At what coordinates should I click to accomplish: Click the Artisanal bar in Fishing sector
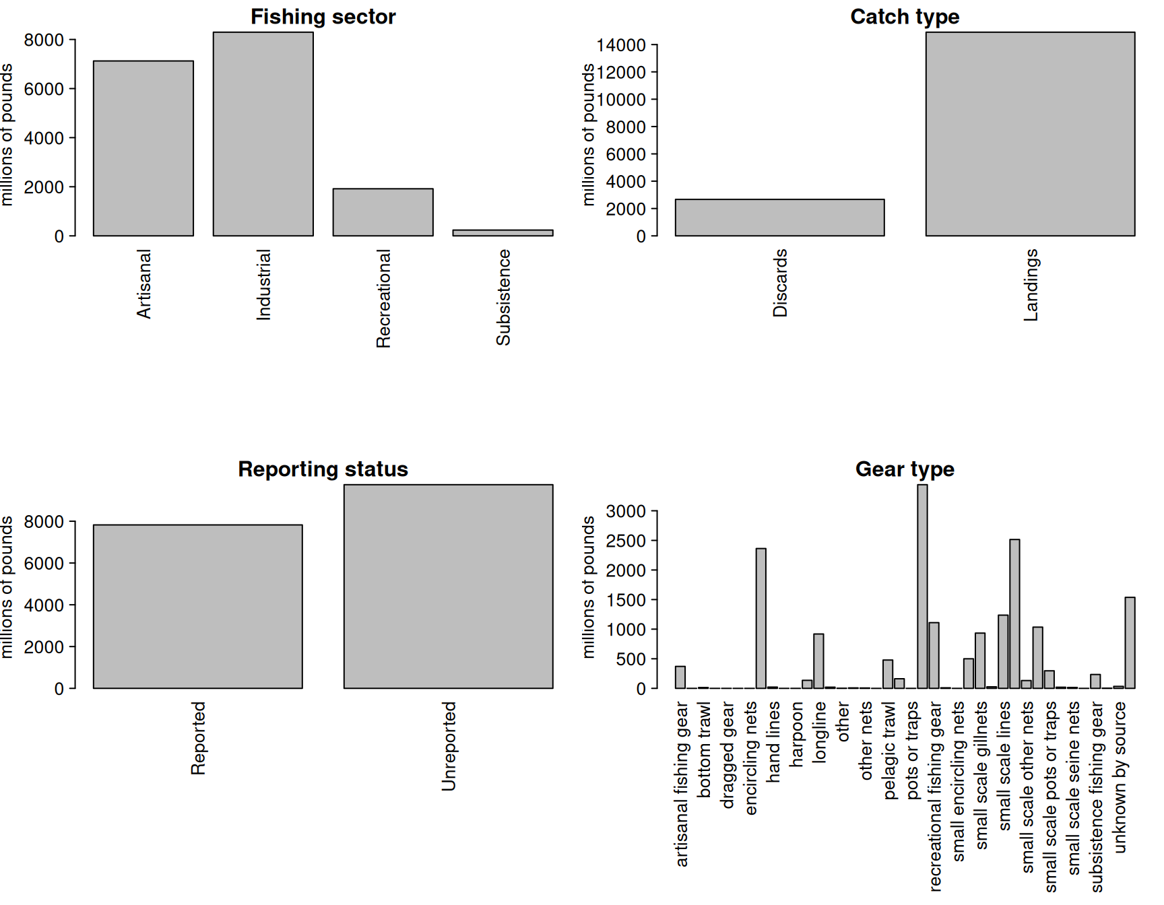pyautogui.click(x=143, y=148)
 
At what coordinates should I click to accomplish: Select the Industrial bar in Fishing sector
pyautogui.click(x=263, y=134)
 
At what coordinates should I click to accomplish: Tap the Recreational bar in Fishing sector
pyautogui.click(x=383, y=212)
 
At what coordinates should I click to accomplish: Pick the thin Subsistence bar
pyautogui.click(x=503, y=233)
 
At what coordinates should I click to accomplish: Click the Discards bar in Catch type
pyautogui.click(x=779, y=217)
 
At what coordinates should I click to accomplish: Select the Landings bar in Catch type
pyautogui.click(x=1030, y=134)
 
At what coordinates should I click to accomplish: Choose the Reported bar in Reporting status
pyautogui.click(x=198, y=606)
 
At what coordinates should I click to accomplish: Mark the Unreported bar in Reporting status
pyautogui.click(x=448, y=586)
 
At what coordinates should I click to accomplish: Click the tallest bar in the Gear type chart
pyautogui.click(x=922, y=586)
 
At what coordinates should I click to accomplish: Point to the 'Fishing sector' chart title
pyautogui.click(x=323, y=17)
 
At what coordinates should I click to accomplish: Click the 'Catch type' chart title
pyautogui.click(x=905, y=17)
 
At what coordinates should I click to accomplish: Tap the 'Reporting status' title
pyautogui.click(x=323, y=469)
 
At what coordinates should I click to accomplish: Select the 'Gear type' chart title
pyautogui.click(x=905, y=469)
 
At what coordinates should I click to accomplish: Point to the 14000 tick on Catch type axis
pyautogui.click(x=621, y=45)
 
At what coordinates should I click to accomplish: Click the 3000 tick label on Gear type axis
pyautogui.click(x=626, y=512)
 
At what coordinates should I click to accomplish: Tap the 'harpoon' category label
pyautogui.click(x=797, y=735)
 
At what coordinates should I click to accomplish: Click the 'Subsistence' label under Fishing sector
pyautogui.click(x=503, y=298)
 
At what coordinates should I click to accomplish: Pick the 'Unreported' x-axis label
pyautogui.click(x=449, y=746)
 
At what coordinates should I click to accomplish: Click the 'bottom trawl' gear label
pyautogui.click(x=704, y=749)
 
